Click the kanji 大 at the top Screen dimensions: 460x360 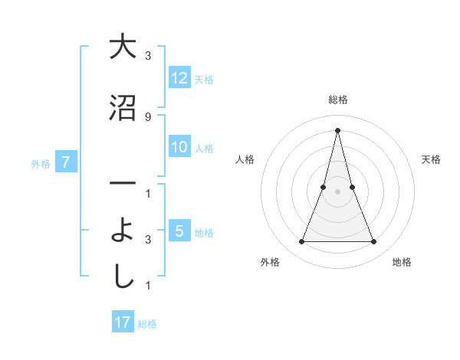click(x=123, y=47)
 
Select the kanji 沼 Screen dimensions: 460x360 click(x=123, y=108)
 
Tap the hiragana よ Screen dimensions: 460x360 click(x=123, y=232)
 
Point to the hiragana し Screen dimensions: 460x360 click(x=123, y=278)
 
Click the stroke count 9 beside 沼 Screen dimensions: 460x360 click(x=148, y=116)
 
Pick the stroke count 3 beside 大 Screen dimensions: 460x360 click(x=148, y=55)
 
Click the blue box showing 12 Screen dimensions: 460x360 click(x=179, y=79)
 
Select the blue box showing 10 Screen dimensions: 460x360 click(x=179, y=148)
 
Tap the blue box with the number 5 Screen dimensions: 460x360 click(x=179, y=232)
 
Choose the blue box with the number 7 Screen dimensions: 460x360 click(x=67, y=162)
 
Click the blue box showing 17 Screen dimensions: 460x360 click(x=123, y=322)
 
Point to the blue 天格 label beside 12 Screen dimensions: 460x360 click(x=204, y=80)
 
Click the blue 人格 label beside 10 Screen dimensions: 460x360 click(x=204, y=149)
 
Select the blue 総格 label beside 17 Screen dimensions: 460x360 click(x=147, y=323)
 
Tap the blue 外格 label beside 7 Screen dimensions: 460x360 click(x=41, y=163)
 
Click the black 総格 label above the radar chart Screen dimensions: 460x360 click(x=337, y=100)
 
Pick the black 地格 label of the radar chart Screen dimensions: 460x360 click(x=402, y=262)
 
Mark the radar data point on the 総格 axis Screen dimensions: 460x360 click(x=337, y=129)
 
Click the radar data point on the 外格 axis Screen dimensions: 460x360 click(x=301, y=242)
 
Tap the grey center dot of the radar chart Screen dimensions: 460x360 click(x=337, y=191)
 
